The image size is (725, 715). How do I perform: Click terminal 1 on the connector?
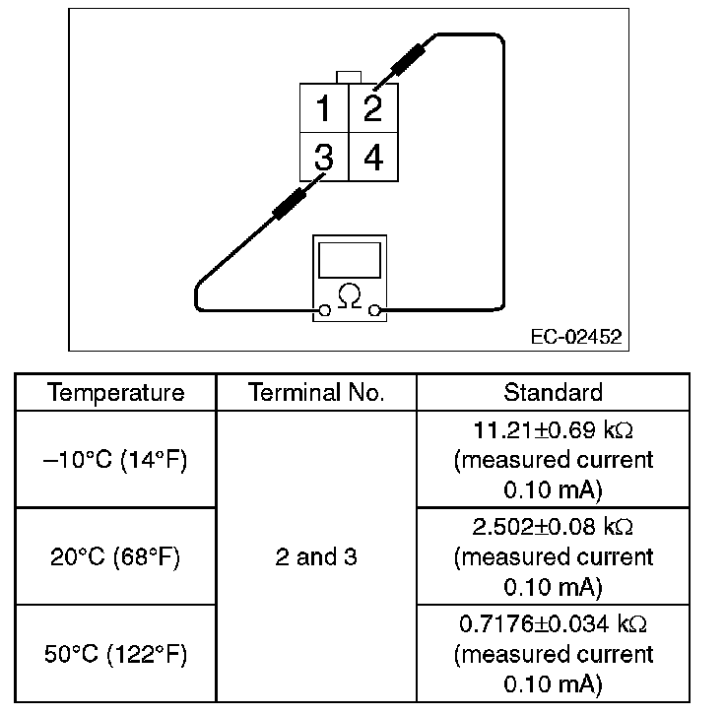pyautogui.click(x=323, y=108)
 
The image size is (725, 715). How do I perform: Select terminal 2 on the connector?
pyautogui.click(x=372, y=108)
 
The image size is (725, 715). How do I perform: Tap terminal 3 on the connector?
pyautogui.click(x=323, y=158)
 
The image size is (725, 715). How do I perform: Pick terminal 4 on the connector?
pyautogui.click(x=372, y=158)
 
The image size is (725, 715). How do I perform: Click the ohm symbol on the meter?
pyautogui.click(x=348, y=294)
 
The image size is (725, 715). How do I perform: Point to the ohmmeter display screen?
pyautogui.click(x=349, y=259)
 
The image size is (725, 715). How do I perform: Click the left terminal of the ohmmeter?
pyautogui.click(x=323, y=312)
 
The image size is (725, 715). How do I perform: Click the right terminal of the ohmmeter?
pyautogui.click(x=374, y=312)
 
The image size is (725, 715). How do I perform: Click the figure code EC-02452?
pyautogui.click(x=575, y=337)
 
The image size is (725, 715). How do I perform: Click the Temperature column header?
pyautogui.click(x=116, y=392)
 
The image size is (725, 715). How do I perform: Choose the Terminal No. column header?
pyautogui.click(x=316, y=392)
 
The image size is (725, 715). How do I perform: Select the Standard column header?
pyautogui.click(x=553, y=392)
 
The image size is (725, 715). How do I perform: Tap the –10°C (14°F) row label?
pyautogui.click(x=116, y=460)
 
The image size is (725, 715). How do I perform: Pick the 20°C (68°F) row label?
pyautogui.click(x=116, y=556)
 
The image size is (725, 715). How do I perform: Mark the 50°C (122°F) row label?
pyautogui.click(x=116, y=654)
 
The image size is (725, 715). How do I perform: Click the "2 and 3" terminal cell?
pyautogui.click(x=316, y=556)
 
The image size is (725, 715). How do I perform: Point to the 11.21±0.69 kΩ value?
pyautogui.click(x=553, y=429)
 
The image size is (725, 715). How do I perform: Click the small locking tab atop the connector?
pyautogui.click(x=348, y=77)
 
